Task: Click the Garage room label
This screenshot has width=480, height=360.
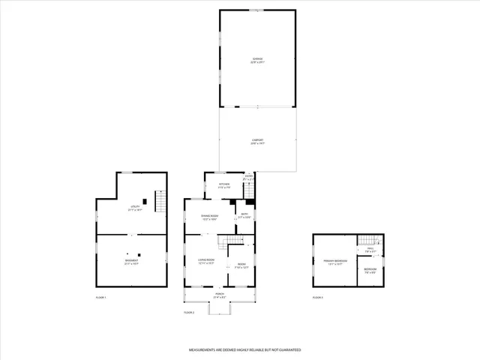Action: tap(257, 61)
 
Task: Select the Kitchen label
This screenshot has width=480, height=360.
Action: tap(223, 186)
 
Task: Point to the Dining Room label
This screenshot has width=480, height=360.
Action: tap(208, 217)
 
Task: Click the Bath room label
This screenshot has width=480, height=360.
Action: tap(244, 216)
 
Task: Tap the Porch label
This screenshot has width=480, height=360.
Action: tap(220, 296)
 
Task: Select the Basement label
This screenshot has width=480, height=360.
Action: tap(131, 262)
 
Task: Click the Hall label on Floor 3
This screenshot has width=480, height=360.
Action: tap(370, 251)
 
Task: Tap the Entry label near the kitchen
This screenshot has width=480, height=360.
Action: tap(248, 178)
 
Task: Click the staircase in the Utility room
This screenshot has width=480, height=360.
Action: tap(160, 201)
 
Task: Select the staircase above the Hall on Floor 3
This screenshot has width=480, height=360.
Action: tap(366, 240)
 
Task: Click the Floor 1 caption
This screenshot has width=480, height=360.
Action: tap(101, 298)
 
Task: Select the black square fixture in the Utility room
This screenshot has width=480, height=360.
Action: tap(144, 202)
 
